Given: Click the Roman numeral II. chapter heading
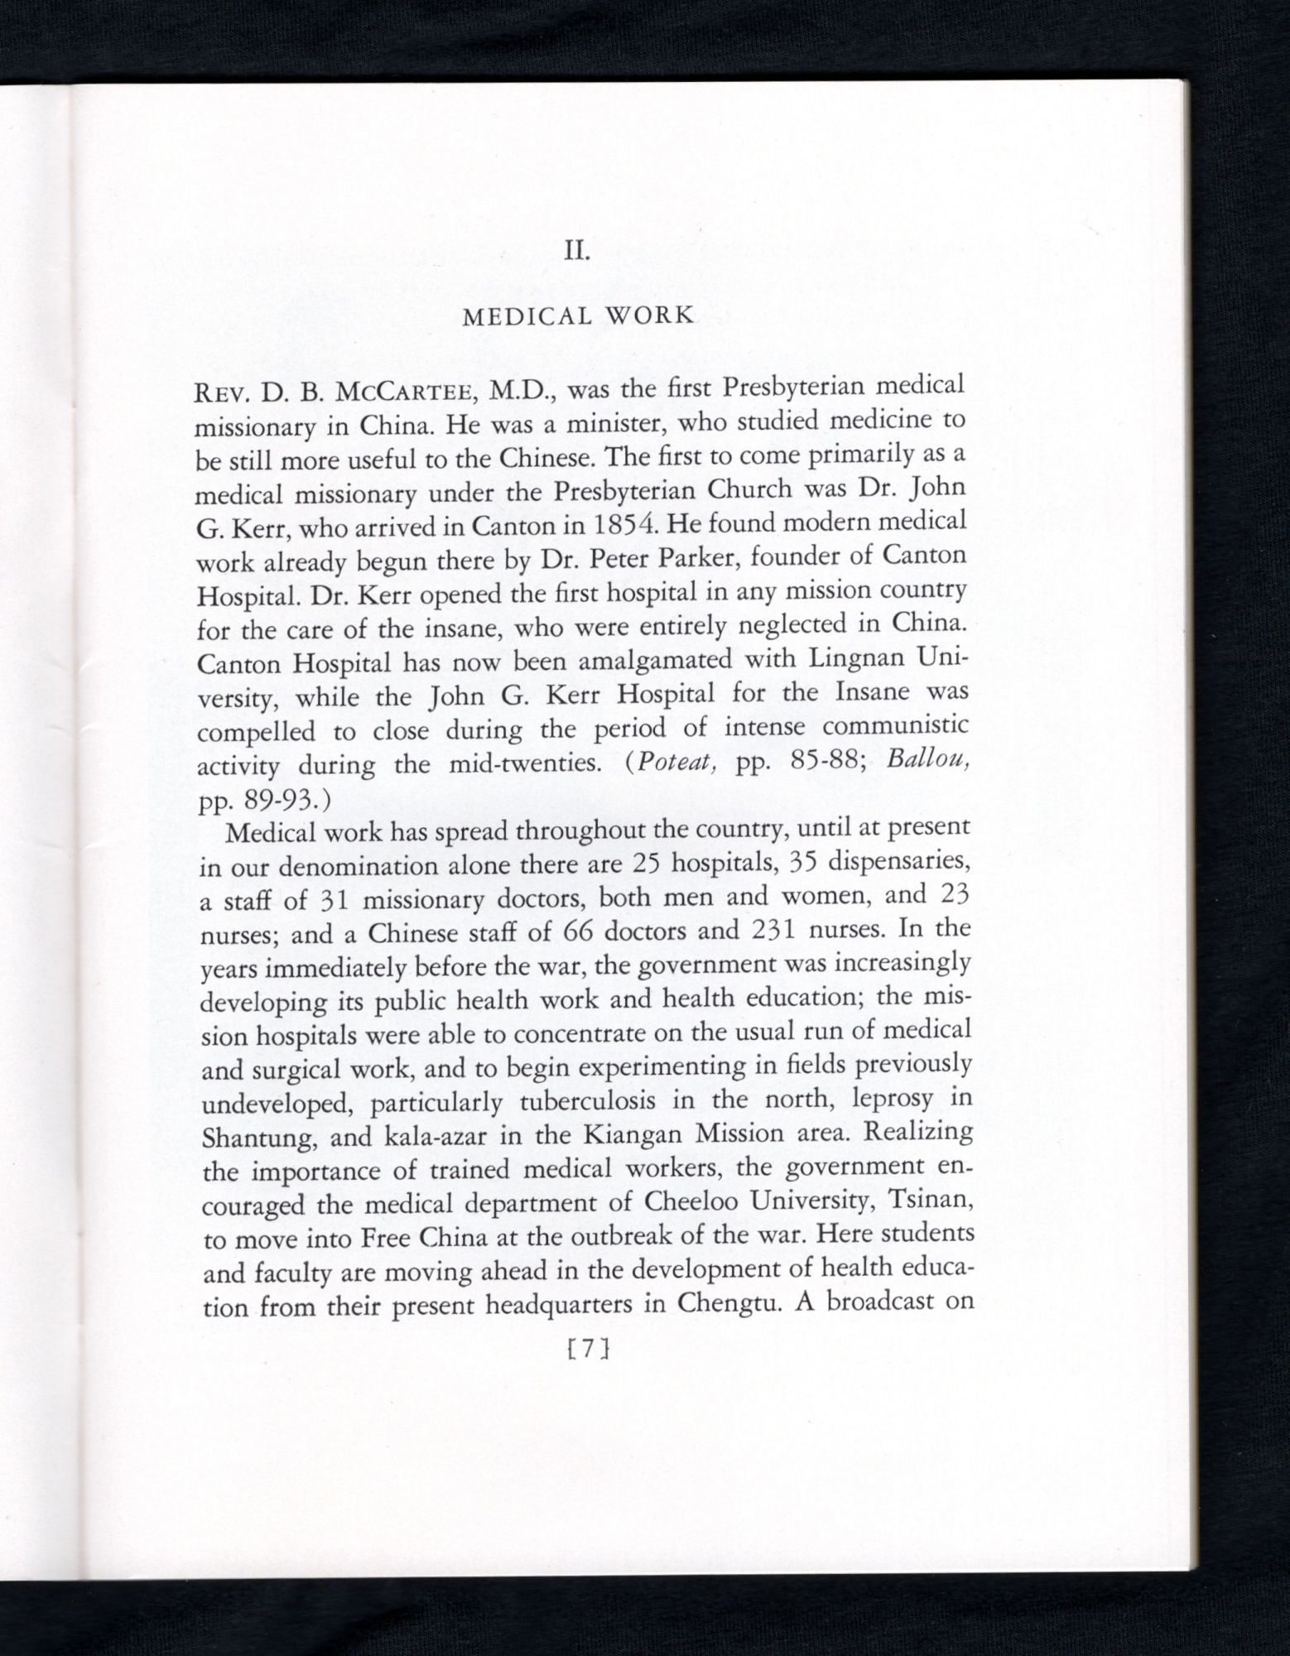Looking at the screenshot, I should click(576, 250).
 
